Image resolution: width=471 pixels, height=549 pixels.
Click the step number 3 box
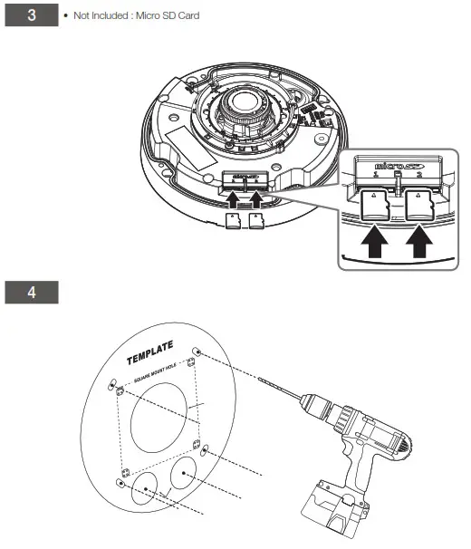tap(32, 16)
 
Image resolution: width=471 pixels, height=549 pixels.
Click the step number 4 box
tap(32, 292)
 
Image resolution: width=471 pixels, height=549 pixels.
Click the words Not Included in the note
tap(94, 16)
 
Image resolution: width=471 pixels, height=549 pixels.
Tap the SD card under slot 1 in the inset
tap(373, 205)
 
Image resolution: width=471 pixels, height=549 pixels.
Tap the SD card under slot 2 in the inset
tap(418, 205)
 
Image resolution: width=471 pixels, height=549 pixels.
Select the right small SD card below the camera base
tap(255, 220)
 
